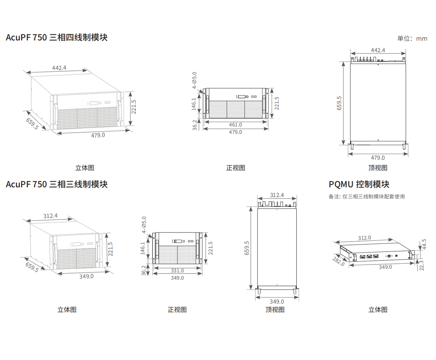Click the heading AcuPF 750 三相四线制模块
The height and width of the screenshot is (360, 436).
(57, 37)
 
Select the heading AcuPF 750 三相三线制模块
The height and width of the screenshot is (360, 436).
(57, 185)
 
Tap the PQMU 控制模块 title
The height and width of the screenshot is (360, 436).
(359, 185)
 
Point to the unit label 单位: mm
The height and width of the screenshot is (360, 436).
(412, 39)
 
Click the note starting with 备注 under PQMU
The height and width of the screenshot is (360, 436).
(367, 197)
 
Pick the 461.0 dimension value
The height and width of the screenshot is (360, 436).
(235, 125)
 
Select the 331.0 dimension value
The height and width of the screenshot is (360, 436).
(177, 270)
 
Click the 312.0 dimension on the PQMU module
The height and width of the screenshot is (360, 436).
(364, 238)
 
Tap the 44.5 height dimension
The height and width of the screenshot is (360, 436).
(424, 244)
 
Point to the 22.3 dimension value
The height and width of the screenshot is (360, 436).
(421, 265)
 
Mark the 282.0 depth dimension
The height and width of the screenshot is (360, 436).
(339, 262)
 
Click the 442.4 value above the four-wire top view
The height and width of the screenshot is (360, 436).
(378, 50)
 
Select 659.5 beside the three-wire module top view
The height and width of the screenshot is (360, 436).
(247, 248)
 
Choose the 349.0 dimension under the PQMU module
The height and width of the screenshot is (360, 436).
(385, 267)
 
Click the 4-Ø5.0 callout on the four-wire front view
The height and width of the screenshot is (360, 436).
(194, 80)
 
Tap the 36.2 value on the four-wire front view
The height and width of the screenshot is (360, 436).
(195, 125)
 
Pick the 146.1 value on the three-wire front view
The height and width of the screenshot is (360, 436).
(143, 248)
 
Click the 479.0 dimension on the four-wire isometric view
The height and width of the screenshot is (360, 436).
(98, 135)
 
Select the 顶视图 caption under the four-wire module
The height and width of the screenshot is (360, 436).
(378, 168)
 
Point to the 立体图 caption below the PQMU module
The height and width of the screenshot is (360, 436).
(378, 310)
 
